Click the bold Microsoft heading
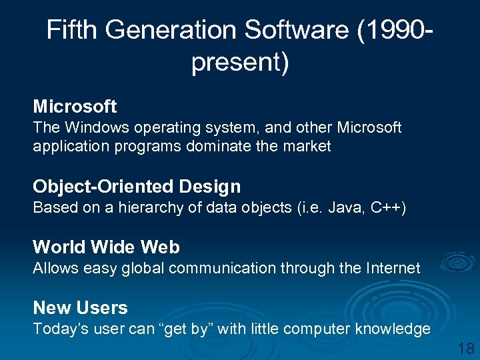pyautogui.click(x=75, y=106)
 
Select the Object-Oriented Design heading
pyautogui.click(x=137, y=187)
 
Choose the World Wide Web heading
pyautogui.click(x=106, y=247)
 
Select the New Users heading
pyautogui.click(x=80, y=308)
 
